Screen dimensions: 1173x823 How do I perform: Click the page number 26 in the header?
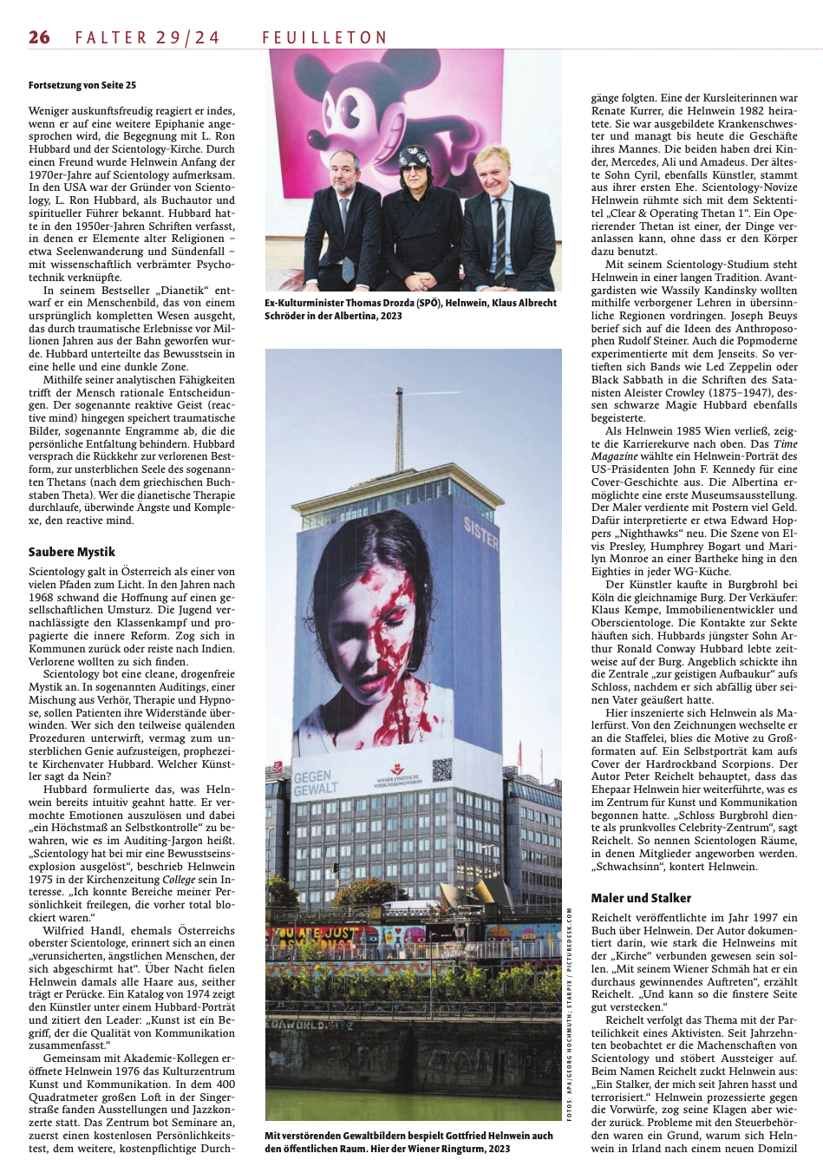[x=39, y=36]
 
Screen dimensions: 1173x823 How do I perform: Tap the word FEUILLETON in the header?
[x=324, y=37]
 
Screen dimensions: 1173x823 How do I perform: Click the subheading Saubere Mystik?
[x=71, y=552]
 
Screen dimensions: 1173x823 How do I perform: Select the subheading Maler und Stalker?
[x=641, y=898]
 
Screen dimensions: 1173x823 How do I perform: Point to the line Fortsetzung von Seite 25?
[x=82, y=85]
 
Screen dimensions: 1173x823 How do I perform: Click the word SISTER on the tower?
[x=481, y=533]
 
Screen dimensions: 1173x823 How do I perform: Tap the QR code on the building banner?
[x=442, y=770]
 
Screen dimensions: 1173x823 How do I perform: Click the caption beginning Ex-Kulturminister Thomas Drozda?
[x=410, y=309]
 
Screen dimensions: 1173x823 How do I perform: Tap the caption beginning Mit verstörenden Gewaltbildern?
[x=408, y=1142]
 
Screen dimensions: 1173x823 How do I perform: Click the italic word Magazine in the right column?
[x=615, y=456]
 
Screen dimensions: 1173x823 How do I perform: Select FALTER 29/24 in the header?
[x=147, y=37]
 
